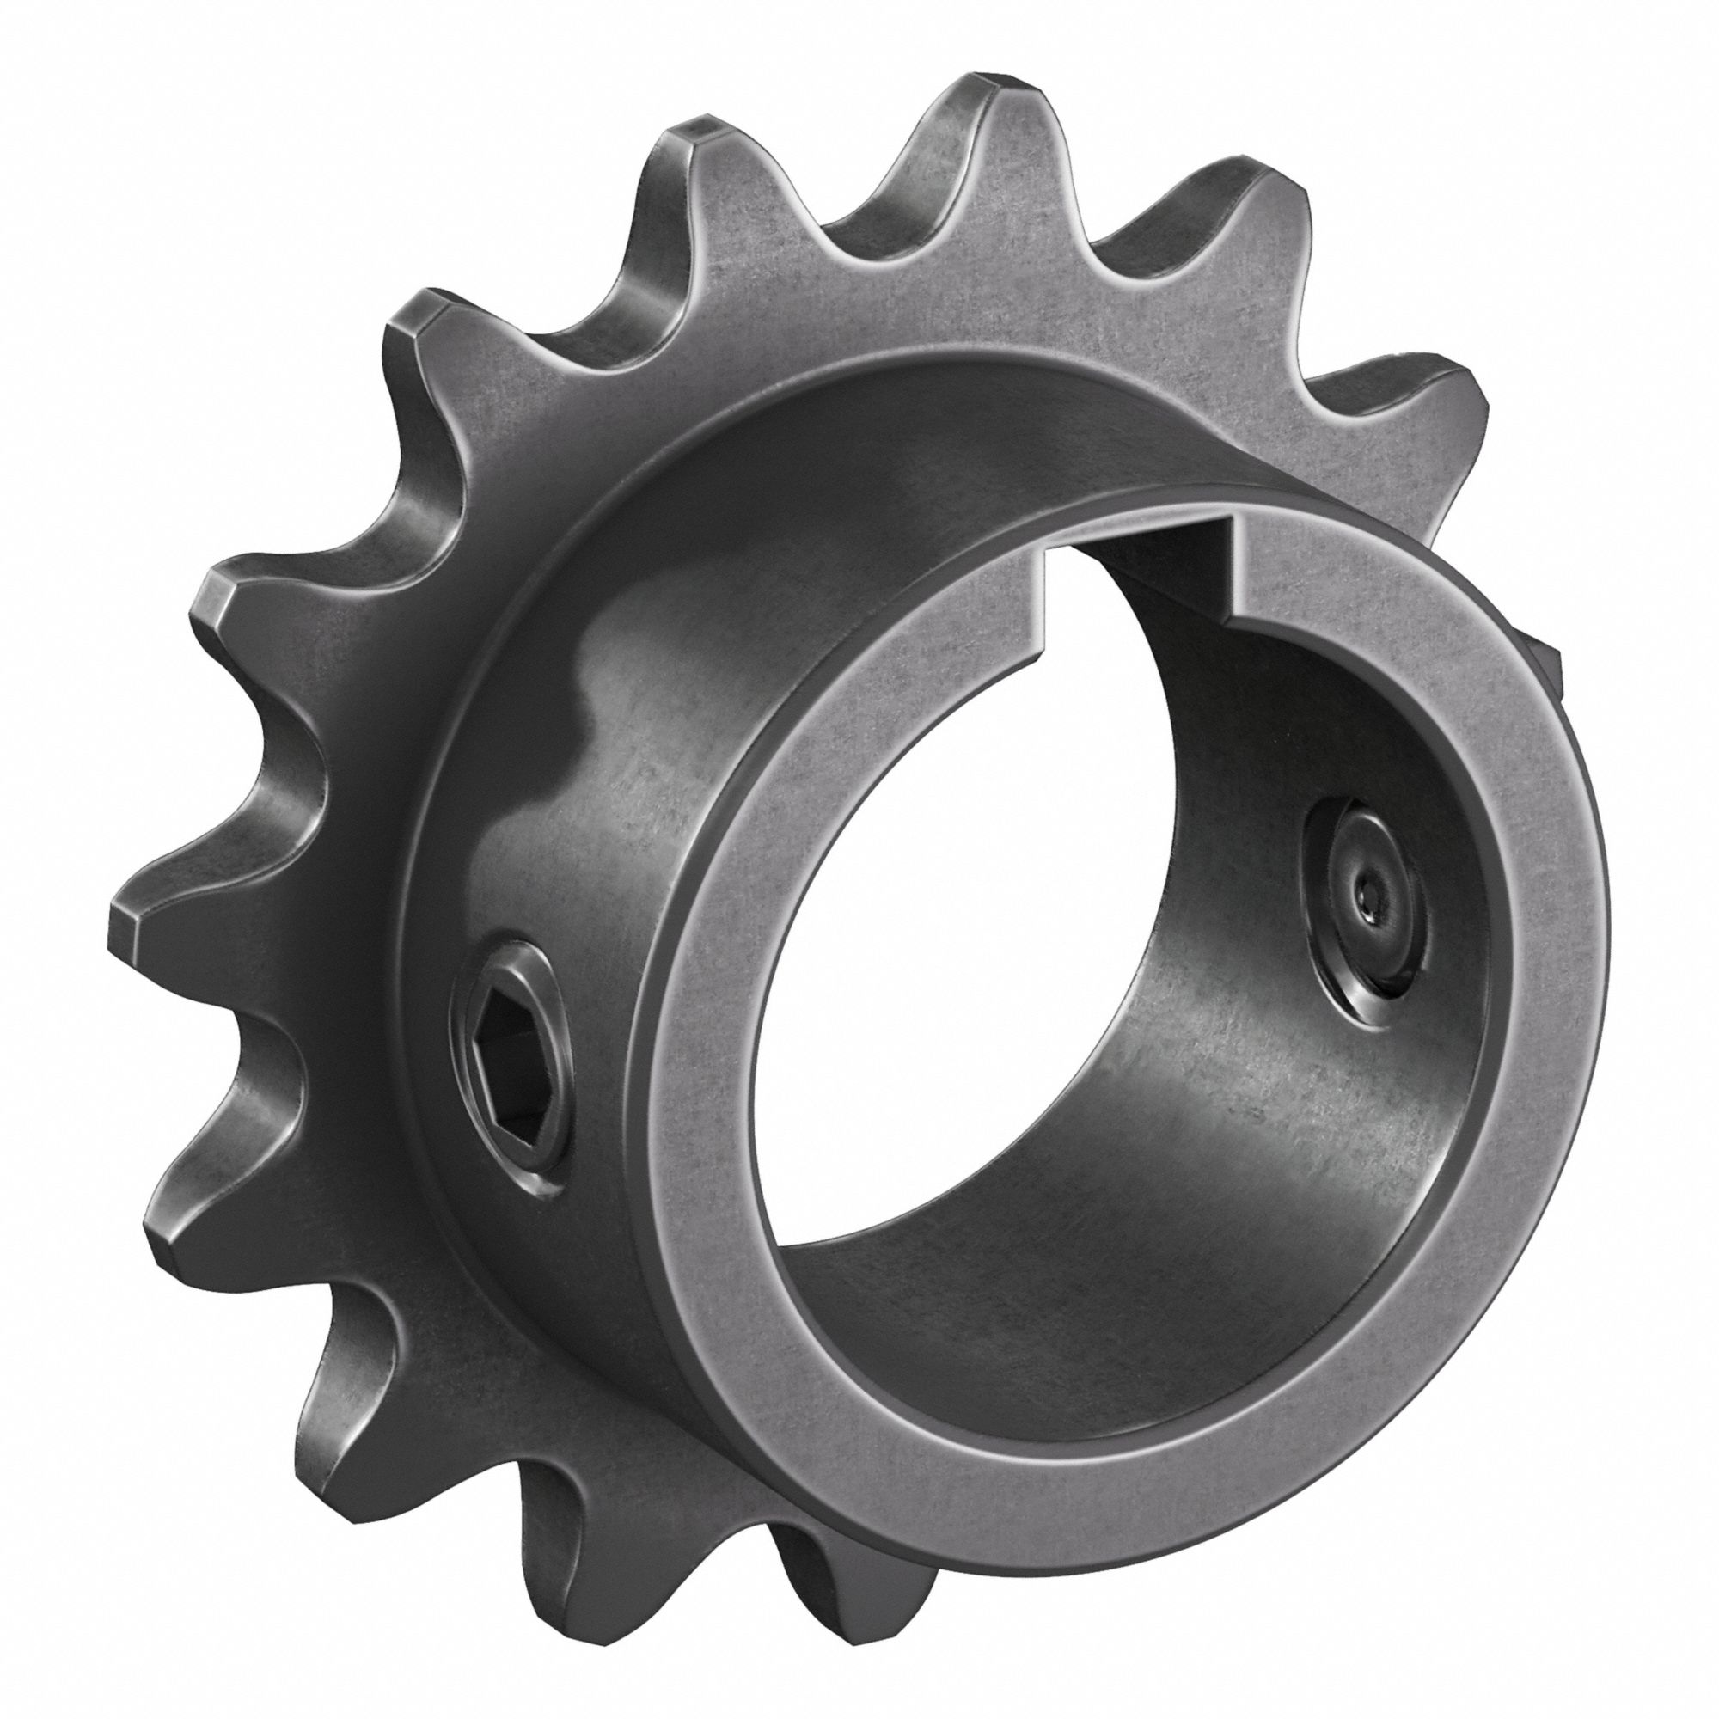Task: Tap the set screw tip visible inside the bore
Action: pos(1364,904)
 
